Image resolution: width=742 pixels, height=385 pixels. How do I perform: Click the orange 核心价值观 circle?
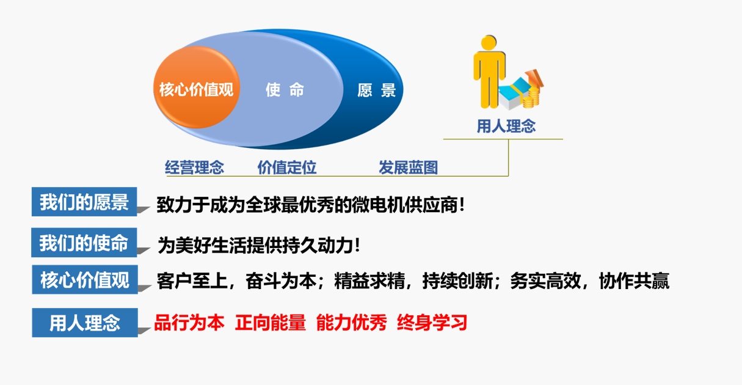pyautogui.click(x=197, y=87)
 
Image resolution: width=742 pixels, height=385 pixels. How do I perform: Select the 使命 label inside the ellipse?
pyautogui.click(x=285, y=90)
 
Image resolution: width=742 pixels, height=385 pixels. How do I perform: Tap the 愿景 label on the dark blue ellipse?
pyautogui.click(x=377, y=90)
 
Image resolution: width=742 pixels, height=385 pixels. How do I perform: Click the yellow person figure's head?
pyautogui.click(x=489, y=43)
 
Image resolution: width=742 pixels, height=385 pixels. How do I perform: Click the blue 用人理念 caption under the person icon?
pyautogui.click(x=506, y=127)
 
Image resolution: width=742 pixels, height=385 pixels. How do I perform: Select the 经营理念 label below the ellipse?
pyautogui.click(x=194, y=167)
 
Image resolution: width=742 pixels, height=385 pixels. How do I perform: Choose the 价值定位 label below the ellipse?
pyautogui.click(x=287, y=167)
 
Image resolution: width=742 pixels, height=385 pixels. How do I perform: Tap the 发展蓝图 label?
pyautogui.click(x=408, y=167)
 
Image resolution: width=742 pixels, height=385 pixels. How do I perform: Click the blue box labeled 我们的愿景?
pyautogui.click(x=84, y=202)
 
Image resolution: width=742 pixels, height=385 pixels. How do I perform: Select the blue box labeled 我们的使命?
pyautogui.click(x=84, y=243)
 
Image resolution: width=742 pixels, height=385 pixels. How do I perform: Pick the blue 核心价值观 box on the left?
pyautogui.click(x=85, y=279)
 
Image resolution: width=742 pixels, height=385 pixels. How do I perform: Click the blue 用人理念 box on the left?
pyautogui.click(x=85, y=323)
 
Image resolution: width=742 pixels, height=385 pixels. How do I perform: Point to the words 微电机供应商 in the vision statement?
pyautogui.click(x=404, y=205)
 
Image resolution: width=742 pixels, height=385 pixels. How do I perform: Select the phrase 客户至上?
pyautogui.click(x=192, y=281)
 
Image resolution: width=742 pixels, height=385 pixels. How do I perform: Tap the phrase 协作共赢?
pyautogui.click(x=634, y=281)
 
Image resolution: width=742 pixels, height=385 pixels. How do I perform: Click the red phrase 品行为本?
pyautogui.click(x=189, y=322)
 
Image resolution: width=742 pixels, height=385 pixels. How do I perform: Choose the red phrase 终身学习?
pyautogui.click(x=432, y=322)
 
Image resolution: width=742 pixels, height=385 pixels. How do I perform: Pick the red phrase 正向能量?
pyautogui.click(x=271, y=322)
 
